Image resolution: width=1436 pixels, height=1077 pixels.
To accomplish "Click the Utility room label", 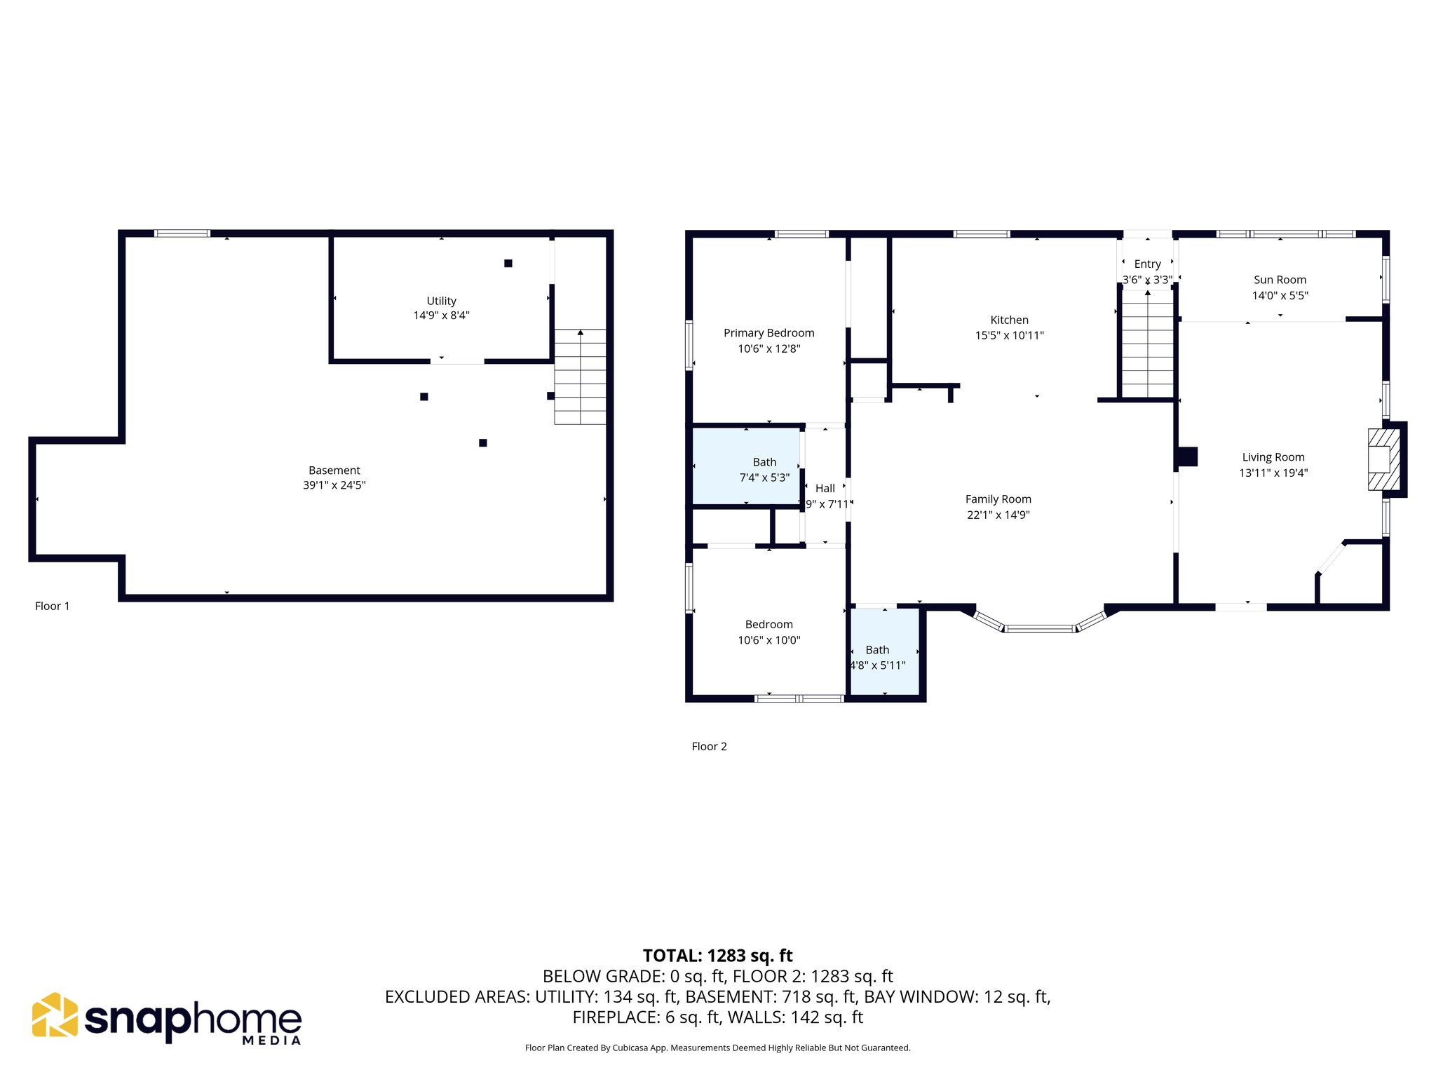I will pos(441,301).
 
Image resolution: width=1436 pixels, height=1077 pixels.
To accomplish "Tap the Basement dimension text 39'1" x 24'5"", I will pos(334,485).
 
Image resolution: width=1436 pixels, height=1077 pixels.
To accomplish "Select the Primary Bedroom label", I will pos(768,333).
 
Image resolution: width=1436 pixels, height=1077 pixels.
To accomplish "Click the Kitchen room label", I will pos(1009,320).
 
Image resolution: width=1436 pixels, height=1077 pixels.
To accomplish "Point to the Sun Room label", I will pos(1280,280).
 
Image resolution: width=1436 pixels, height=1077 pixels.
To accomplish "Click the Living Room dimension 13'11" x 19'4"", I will pos(1273,473).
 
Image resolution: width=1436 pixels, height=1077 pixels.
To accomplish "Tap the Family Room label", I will pos(998,499).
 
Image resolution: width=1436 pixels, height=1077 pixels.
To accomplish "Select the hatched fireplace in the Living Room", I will pos(1383,459).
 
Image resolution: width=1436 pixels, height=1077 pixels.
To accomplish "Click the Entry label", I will pos(1147,264).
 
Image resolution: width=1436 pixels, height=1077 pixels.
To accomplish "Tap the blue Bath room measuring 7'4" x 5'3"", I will pos(746,466).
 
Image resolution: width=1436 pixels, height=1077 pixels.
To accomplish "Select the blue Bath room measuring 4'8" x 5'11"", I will pos(884,652).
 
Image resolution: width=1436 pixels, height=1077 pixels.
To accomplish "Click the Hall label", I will pos(825,489).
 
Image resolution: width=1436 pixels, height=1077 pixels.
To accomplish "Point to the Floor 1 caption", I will pos(53,607).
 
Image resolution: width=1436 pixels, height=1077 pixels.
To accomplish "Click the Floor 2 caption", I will pos(709,747).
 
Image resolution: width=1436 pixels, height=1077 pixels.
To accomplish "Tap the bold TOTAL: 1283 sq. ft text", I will pos(717,956).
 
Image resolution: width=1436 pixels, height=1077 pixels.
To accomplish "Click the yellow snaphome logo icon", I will pos(55,1015).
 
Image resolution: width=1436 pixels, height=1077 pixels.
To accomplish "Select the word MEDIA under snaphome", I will pos(271,1041).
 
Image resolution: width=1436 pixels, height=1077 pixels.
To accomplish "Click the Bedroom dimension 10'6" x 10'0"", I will pos(768,640).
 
